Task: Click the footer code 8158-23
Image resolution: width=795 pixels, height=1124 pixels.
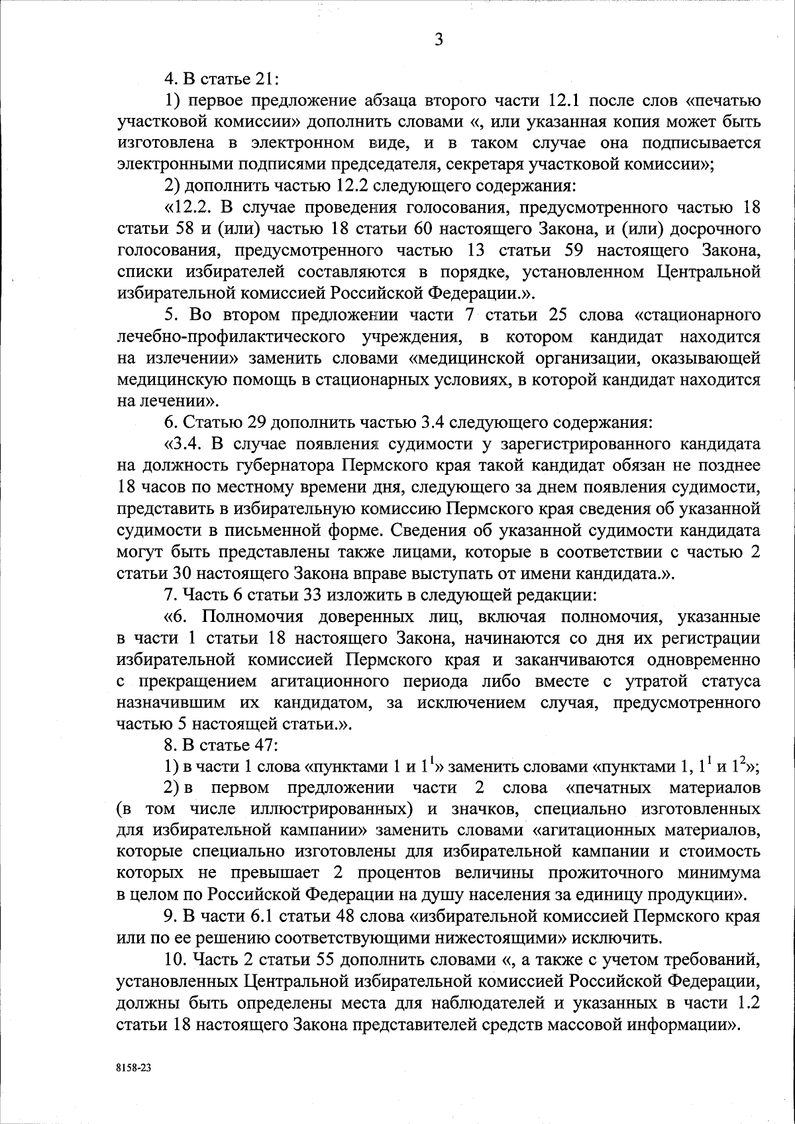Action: pyautogui.click(x=131, y=1068)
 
